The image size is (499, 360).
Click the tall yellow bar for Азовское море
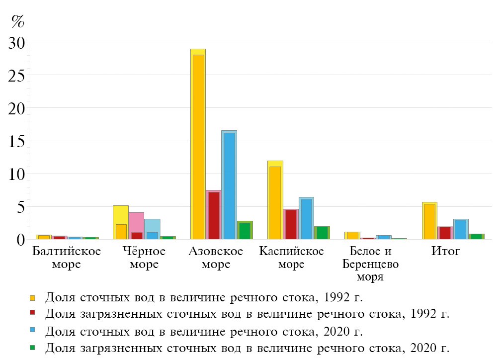pos(198,144)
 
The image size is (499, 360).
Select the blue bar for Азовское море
pos(229,185)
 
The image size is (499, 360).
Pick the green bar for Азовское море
pos(245,230)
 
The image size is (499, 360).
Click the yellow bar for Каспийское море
pos(275,200)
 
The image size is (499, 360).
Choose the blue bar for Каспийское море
pos(306,218)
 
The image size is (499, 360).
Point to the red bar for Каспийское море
pos(291,224)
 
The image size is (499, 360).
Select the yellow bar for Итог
pos(429,221)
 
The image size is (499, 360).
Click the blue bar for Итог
pos(461,229)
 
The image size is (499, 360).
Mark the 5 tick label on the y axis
pos(20,206)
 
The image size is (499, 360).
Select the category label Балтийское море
pos(67,257)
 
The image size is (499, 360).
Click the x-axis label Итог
pos(446,251)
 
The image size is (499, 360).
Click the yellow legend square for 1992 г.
pos(32,298)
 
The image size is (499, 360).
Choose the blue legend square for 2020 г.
pos(32,331)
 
